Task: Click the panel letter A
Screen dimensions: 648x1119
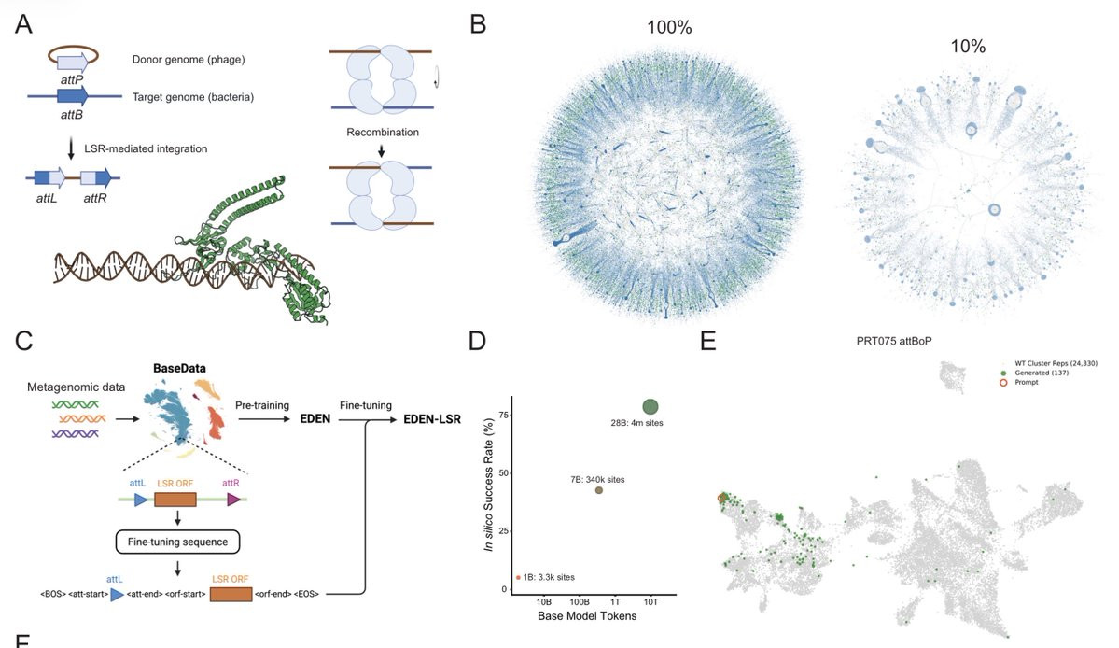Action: (x=25, y=25)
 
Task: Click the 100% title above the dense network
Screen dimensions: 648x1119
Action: (x=669, y=28)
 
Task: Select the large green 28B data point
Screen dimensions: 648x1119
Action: (x=650, y=406)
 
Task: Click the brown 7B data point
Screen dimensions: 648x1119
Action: (x=599, y=490)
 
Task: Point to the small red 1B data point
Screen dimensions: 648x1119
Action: (x=518, y=578)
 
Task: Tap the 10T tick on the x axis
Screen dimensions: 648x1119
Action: (x=651, y=601)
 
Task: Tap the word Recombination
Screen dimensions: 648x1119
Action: (x=380, y=133)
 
